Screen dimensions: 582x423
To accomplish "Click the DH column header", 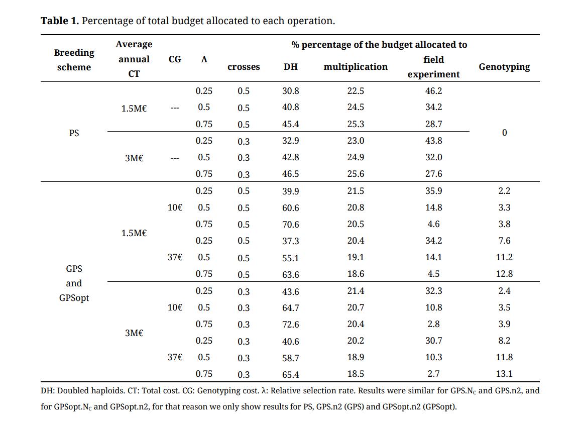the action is click(x=291, y=67).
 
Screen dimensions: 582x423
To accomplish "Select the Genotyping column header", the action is click(x=504, y=67).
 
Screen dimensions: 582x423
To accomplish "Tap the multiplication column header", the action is click(x=355, y=67).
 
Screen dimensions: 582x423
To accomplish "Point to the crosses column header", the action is click(x=244, y=67).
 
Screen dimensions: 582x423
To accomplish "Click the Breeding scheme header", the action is click(x=74, y=60).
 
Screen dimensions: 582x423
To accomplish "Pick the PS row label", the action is click(x=74, y=133).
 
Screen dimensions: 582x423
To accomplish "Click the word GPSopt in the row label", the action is click(x=74, y=298).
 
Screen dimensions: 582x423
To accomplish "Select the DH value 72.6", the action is click(x=290, y=325).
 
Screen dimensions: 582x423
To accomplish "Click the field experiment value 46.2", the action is click(x=433, y=91).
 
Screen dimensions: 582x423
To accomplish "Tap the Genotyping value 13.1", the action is click(x=504, y=374).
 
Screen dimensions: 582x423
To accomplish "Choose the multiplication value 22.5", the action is click(x=355, y=91).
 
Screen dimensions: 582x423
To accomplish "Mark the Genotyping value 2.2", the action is click(x=504, y=191).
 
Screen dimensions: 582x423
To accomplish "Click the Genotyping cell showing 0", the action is click(x=504, y=133).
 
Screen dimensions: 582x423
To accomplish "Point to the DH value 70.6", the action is click(x=290, y=225).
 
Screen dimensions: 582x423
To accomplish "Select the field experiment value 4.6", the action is click(x=433, y=225).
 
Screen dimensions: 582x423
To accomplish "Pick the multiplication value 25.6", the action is click(x=355, y=174).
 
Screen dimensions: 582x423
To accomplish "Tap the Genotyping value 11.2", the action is click(x=504, y=257).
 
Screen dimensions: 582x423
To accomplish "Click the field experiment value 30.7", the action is click(x=433, y=341).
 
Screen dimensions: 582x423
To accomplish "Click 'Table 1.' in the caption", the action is click(x=60, y=21).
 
